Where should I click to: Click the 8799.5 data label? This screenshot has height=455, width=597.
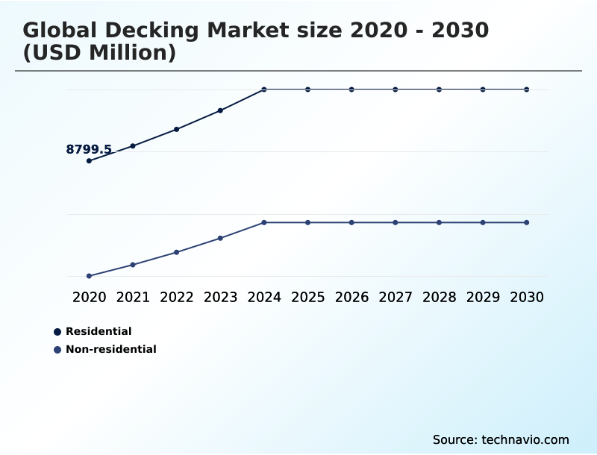pyautogui.click(x=89, y=150)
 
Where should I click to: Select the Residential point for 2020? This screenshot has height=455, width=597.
pyautogui.click(x=89, y=160)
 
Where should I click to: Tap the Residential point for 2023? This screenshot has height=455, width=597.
pyautogui.click(x=220, y=110)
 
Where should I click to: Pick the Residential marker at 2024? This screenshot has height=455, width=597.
pyautogui.click(x=264, y=90)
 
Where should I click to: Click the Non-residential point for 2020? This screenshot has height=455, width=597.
pyautogui.click(x=89, y=276)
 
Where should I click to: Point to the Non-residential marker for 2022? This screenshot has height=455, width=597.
pyautogui.click(x=177, y=252)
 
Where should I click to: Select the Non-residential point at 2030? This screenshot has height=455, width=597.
pyautogui.click(x=527, y=222)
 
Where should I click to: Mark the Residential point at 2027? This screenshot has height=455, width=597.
pyautogui.click(x=396, y=90)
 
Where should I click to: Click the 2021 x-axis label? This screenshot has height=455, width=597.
pyautogui.click(x=133, y=297)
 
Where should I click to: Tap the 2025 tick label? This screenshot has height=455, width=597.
pyautogui.click(x=307, y=297)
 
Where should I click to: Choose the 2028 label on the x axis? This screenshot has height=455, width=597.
pyautogui.click(x=439, y=297)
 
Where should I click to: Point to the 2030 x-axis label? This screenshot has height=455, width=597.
pyautogui.click(x=527, y=297)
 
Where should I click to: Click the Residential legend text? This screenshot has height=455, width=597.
pyautogui.click(x=99, y=331)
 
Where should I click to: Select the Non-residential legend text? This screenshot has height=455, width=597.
pyautogui.click(x=111, y=349)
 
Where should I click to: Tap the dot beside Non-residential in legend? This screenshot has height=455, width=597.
pyautogui.click(x=57, y=349)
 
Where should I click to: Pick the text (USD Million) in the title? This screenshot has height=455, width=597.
pyautogui.click(x=99, y=53)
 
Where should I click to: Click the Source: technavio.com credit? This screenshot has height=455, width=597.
pyautogui.click(x=501, y=439)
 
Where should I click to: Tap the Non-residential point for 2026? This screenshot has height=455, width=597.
pyautogui.click(x=351, y=222)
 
